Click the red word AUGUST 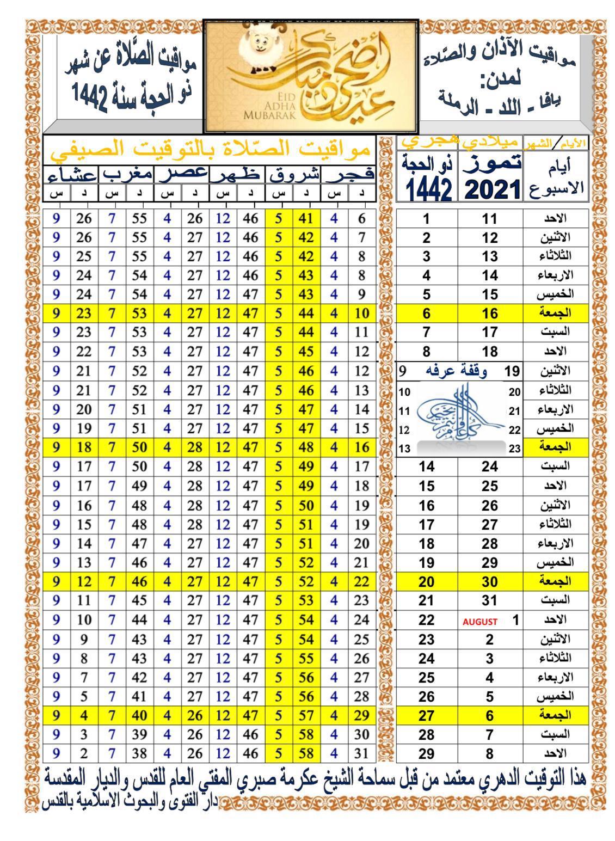point(480,622)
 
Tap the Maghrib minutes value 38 point(140,753)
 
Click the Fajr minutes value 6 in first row point(362,219)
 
